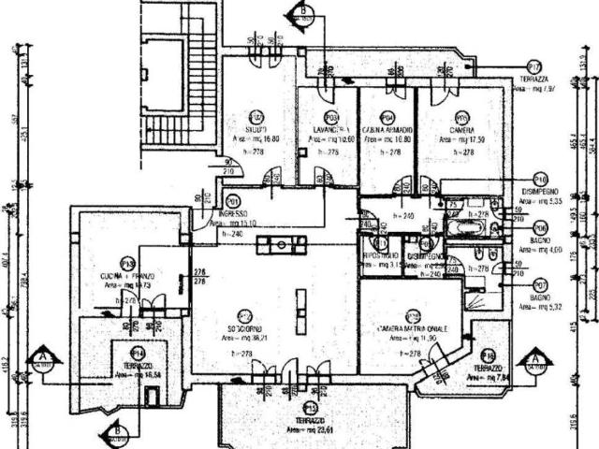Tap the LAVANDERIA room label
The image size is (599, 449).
click(x=326, y=129)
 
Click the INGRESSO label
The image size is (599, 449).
click(x=229, y=212)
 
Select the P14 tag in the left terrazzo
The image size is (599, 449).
click(x=138, y=352)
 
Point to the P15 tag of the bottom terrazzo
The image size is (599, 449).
click(x=310, y=409)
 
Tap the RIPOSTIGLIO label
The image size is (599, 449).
click(x=381, y=254)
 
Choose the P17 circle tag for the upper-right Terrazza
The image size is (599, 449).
click(x=534, y=67)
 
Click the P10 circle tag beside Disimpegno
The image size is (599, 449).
click(x=540, y=178)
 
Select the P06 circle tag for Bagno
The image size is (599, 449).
click(x=540, y=227)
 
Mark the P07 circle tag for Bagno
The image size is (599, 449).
click(x=540, y=284)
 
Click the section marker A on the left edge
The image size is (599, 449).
click(x=42, y=358)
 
